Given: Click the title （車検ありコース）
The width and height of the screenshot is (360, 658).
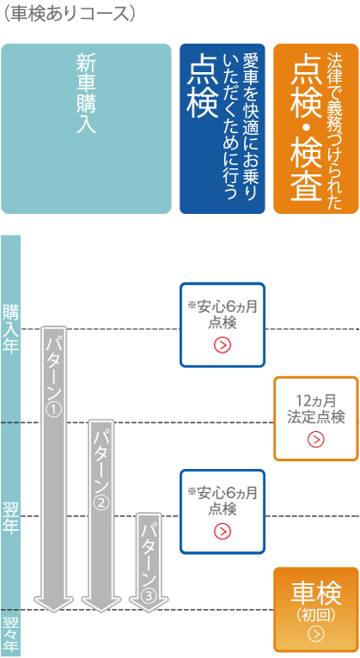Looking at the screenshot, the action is click(70, 13).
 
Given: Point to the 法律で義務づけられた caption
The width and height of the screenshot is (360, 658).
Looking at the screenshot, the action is click(335, 131).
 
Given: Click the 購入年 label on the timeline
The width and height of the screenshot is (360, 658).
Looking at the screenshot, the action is click(10, 329).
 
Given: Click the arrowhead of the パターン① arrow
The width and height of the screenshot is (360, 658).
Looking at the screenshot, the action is click(53, 604).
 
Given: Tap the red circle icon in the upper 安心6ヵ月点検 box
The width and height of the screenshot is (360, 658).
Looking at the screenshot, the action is click(223, 345).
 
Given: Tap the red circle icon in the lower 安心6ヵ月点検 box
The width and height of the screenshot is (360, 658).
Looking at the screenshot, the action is click(223, 532).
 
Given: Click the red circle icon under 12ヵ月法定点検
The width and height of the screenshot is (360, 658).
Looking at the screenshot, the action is click(316, 439).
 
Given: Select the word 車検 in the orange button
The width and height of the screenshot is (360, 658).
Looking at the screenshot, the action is click(316, 593).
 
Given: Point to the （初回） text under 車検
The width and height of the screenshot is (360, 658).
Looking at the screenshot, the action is click(316, 615).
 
